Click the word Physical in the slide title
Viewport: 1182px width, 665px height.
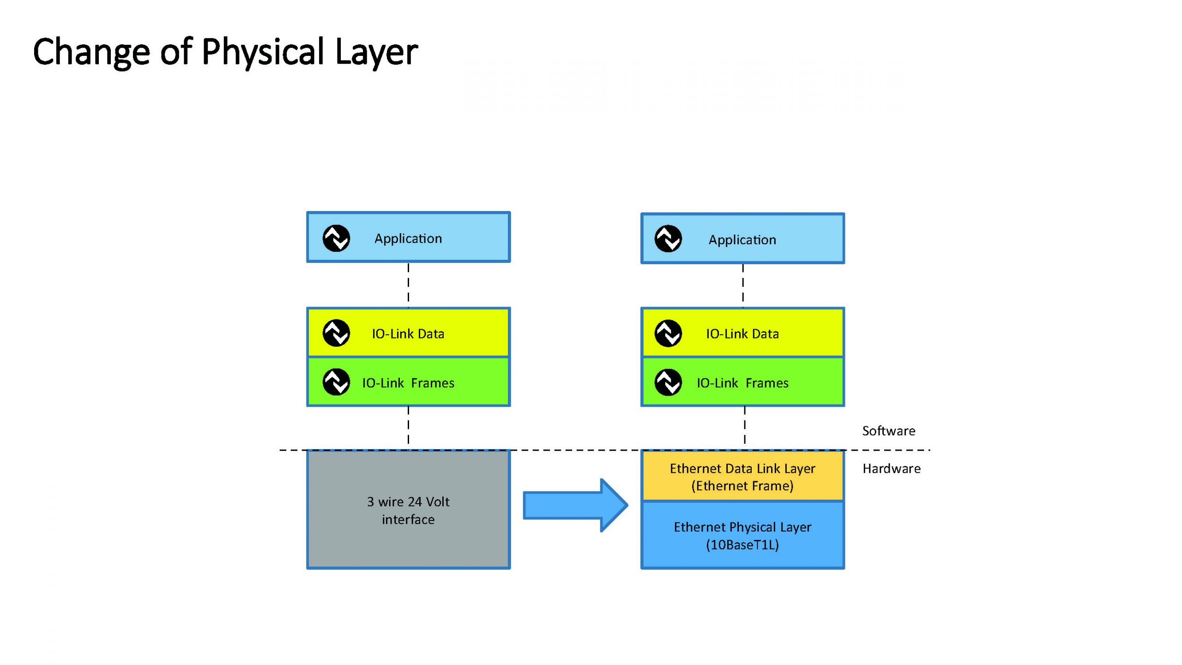pyautogui.click(x=263, y=52)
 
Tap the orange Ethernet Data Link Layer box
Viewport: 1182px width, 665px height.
pyautogui.click(x=742, y=476)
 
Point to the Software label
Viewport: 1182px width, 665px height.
pyautogui.click(x=888, y=431)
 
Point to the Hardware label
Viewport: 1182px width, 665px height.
pyautogui.click(x=891, y=469)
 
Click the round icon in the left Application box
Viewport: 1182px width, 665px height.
pyautogui.click(x=336, y=238)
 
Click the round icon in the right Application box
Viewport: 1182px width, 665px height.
pyautogui.click(x=668, y=239)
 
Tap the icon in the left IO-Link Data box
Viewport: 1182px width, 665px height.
pyautogui.click(x=336, y=333)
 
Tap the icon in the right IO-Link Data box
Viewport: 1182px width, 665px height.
pyautogui.click(x=668, y=333)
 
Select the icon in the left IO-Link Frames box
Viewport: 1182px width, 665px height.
pyautogui.click(x=336, y=382)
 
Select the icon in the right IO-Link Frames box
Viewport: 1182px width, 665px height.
pyautogui.click(x=668, y=382)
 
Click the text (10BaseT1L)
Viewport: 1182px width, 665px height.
pyautogui.click(x=742, y=545)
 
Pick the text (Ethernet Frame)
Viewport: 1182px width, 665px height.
pyautogui.click(x=742, y=486)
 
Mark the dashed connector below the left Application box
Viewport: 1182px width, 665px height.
pyautogui.click(x=408, y=285)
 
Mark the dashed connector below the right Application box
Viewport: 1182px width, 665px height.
pyautogui.click(x=743, y=285)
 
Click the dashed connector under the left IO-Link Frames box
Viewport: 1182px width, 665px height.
pyautogui.click(x=408, y=427)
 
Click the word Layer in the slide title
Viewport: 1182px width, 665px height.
pyautogui.click(x=376, y=52)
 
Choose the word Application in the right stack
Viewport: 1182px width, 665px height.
pyautogui.click(x=742, y=240)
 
